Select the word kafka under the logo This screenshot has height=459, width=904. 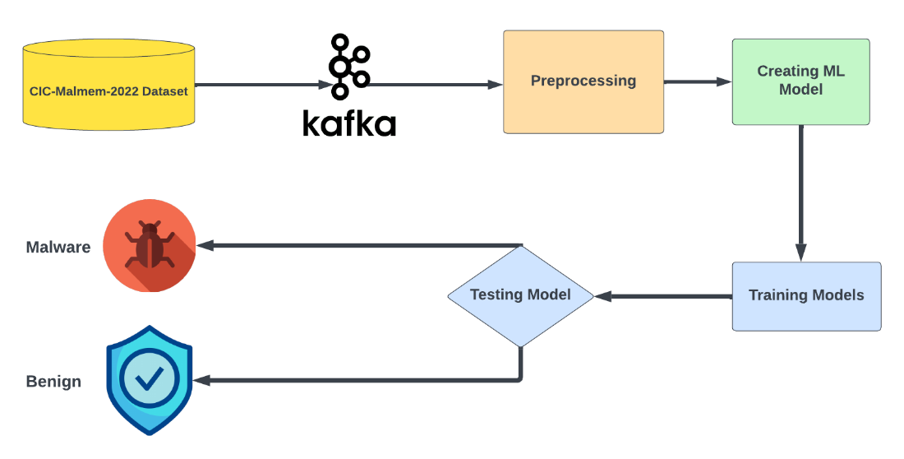(x=351, y=123)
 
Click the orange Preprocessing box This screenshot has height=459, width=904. (x=583, y=81)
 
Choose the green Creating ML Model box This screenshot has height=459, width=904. (x=800, y=81)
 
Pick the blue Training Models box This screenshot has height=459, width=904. (x=806, y=295)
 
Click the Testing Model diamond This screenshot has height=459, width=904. (x=520, y=295)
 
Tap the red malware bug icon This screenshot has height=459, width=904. (x=150, y=245)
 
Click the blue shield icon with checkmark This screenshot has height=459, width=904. (x=149, y=379)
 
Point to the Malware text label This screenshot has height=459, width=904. (x=58, y=247)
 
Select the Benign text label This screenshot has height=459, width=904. (x=53, y=382)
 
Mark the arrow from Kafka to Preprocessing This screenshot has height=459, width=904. (x=436, y=85)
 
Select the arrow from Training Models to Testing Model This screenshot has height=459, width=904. (x=662, y=296)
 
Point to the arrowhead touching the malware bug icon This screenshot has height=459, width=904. (x=203, y=245)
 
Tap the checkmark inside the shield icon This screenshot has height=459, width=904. (x=149, y=378)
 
